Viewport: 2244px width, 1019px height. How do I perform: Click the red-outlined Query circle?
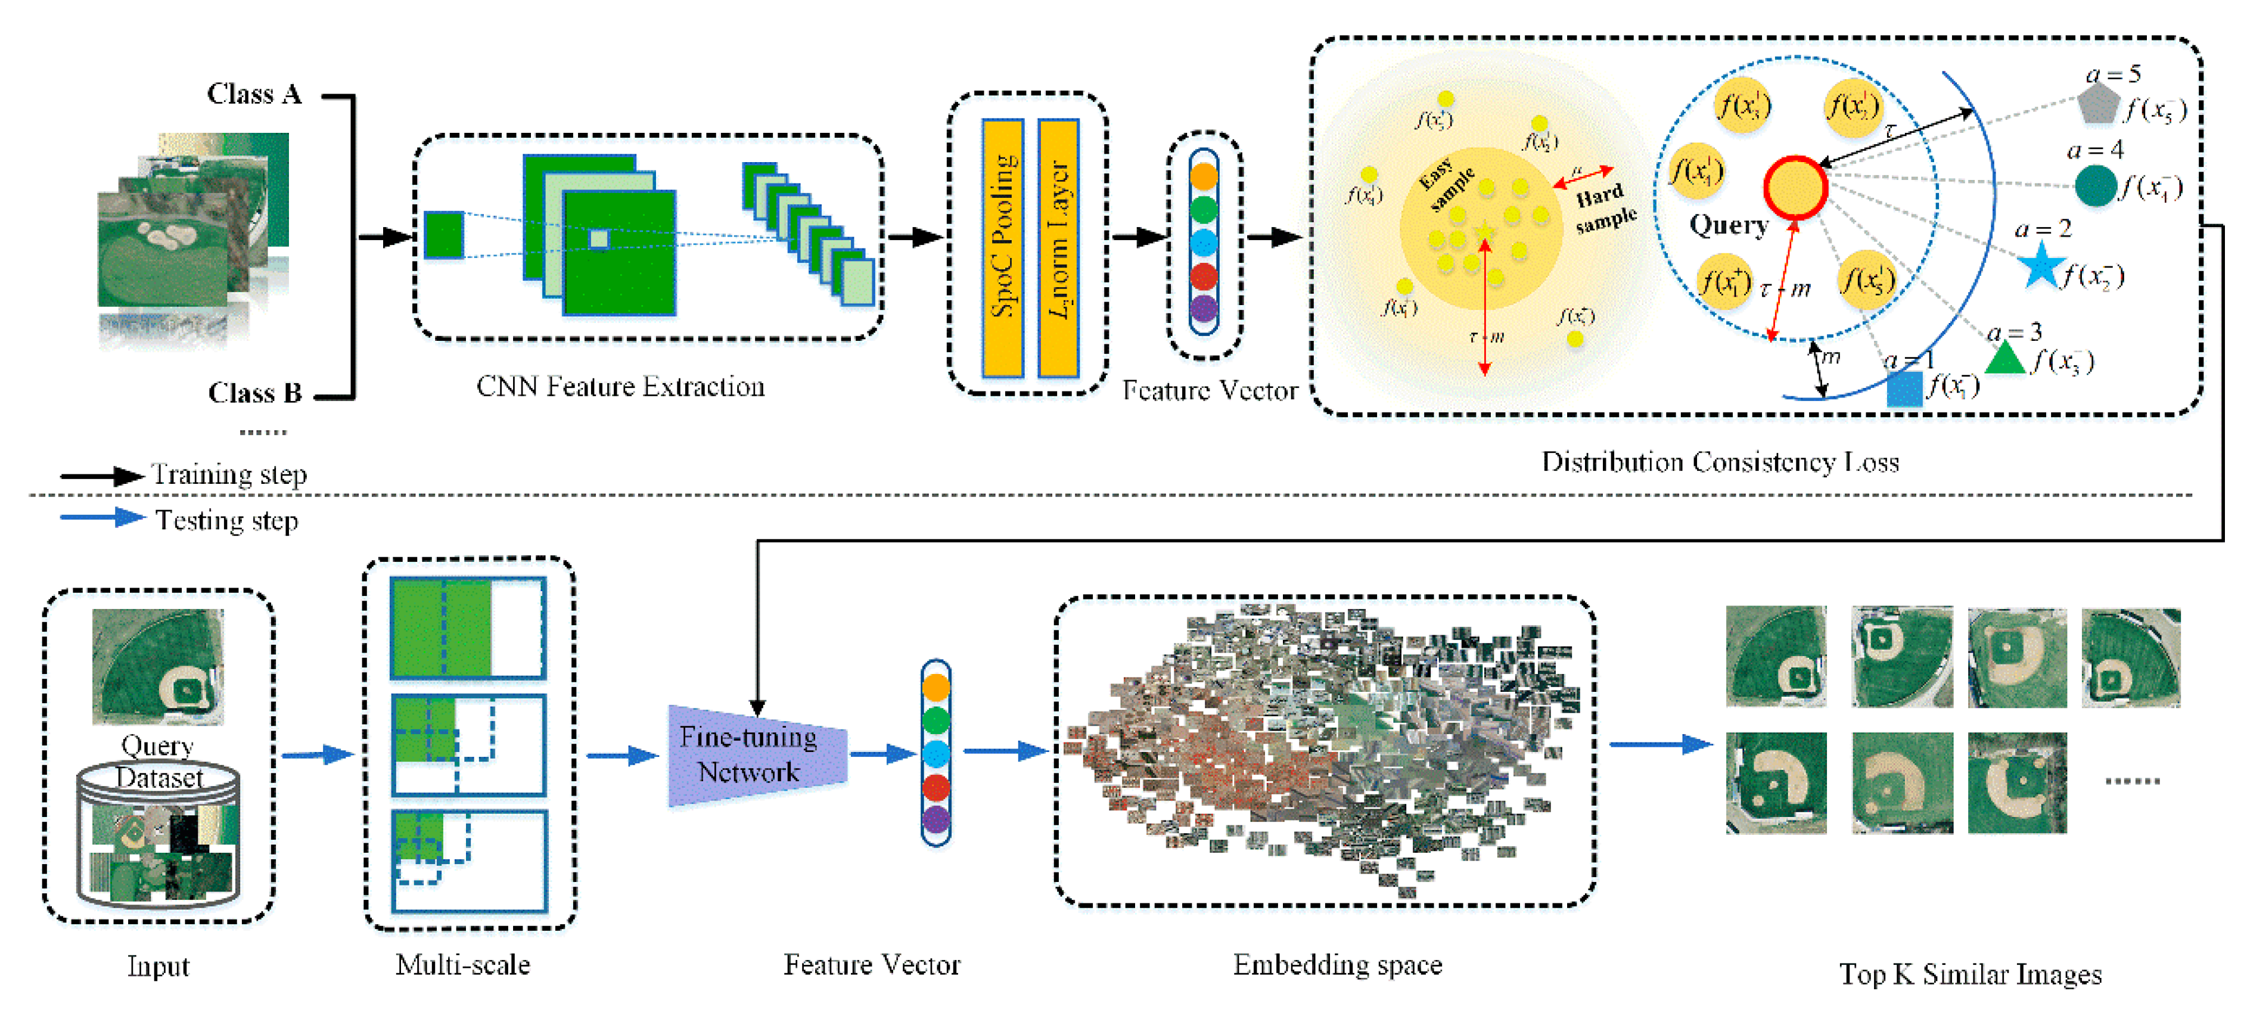tap(1795, 187)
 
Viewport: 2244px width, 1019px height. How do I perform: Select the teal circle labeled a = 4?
tap(2095, 185)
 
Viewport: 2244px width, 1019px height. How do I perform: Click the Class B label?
tap(254, 394)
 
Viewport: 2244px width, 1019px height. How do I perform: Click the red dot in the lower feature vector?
tap(935, 787)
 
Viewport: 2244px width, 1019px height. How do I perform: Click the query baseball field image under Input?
tap(158, 667)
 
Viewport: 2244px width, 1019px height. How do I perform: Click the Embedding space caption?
tap(1337, 965)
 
